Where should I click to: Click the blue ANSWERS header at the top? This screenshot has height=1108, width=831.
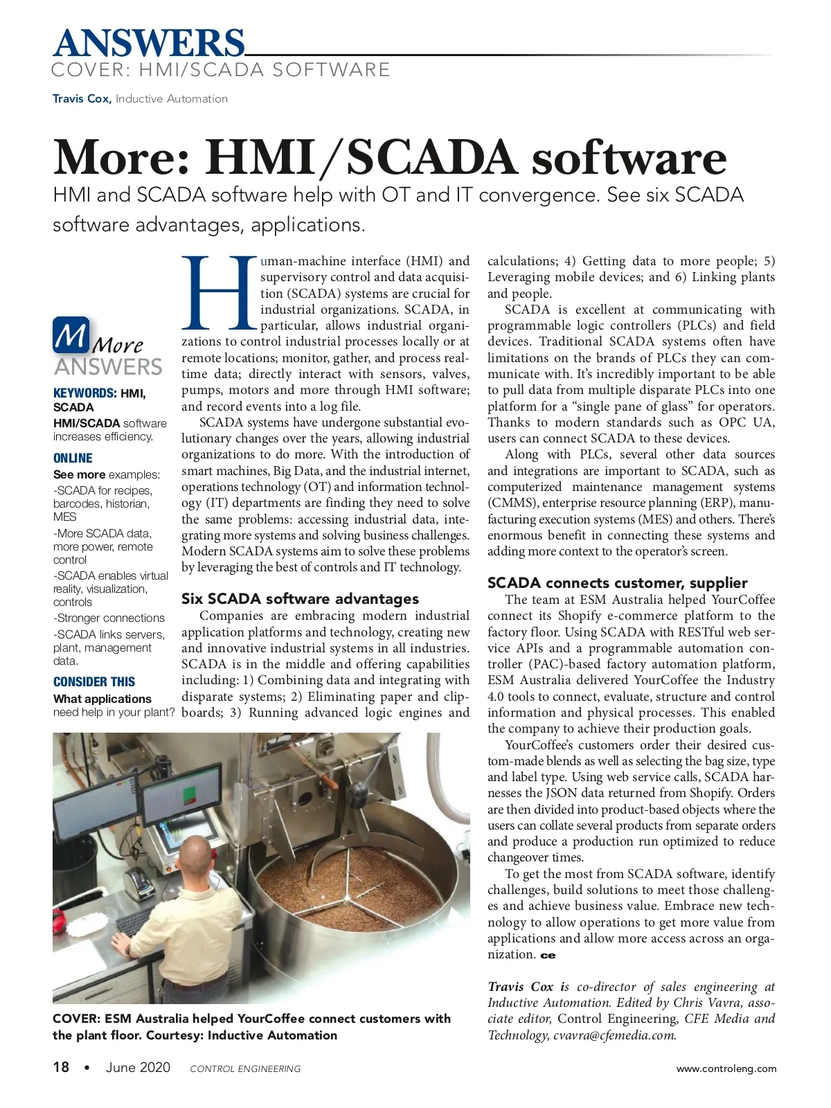pos(149,43)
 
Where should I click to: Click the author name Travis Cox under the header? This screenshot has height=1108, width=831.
pos(81,99)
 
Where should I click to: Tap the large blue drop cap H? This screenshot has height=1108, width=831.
pos(220,294)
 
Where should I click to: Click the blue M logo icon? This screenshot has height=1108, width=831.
pos(71,335)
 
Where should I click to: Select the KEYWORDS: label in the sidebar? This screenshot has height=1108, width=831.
pos(85,393)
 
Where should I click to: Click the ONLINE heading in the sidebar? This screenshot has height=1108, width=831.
pos(73,458)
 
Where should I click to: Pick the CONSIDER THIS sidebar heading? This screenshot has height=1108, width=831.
pos(94,682)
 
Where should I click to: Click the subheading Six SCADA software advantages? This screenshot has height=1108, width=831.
pos(300,599)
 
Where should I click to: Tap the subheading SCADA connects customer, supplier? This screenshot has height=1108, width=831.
pos(617,583)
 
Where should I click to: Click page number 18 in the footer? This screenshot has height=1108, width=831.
pos(61,1067)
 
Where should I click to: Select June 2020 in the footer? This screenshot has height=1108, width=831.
pos(138,1067)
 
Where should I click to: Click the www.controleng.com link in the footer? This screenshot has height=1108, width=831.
pos(726,1069)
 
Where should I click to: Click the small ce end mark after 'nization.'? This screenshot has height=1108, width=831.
pos(548,956)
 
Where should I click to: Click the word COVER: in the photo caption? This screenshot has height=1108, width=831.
pos(76,1019)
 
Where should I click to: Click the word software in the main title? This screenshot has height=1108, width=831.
pos(629,159)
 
